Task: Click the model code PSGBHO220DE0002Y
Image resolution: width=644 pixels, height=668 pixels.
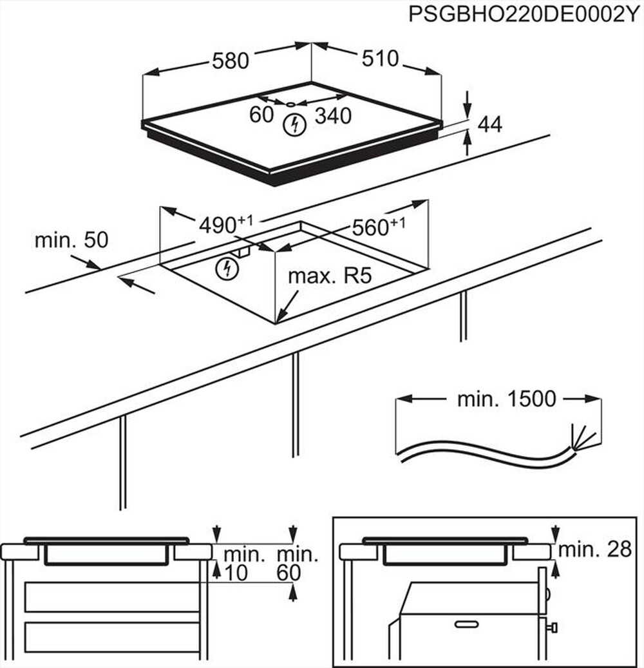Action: (x=525, y=15)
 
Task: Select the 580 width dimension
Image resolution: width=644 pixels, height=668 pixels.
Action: (x=230, y=61)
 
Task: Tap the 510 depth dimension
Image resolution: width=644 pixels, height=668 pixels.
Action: (x=380, y=59)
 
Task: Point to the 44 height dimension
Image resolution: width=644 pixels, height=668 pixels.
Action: (x=490, y=125)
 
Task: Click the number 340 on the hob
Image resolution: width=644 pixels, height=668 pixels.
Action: (x=333, y=116)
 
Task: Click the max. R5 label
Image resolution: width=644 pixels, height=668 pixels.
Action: (x=330, y=277)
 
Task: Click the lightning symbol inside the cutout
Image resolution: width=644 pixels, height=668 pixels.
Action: (x=226, y=269)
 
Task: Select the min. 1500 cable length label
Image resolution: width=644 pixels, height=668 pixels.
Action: (x=506, y=399)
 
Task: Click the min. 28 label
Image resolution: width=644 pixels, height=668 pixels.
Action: (x=594, y=549)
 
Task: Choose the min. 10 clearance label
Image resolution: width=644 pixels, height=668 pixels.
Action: (x=244, y=562)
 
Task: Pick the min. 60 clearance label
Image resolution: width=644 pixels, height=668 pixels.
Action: (x=297, y=562)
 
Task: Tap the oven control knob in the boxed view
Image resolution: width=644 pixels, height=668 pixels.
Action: (x=553, y=626)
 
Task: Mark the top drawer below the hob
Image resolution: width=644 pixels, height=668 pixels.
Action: (x=112, y=596)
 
